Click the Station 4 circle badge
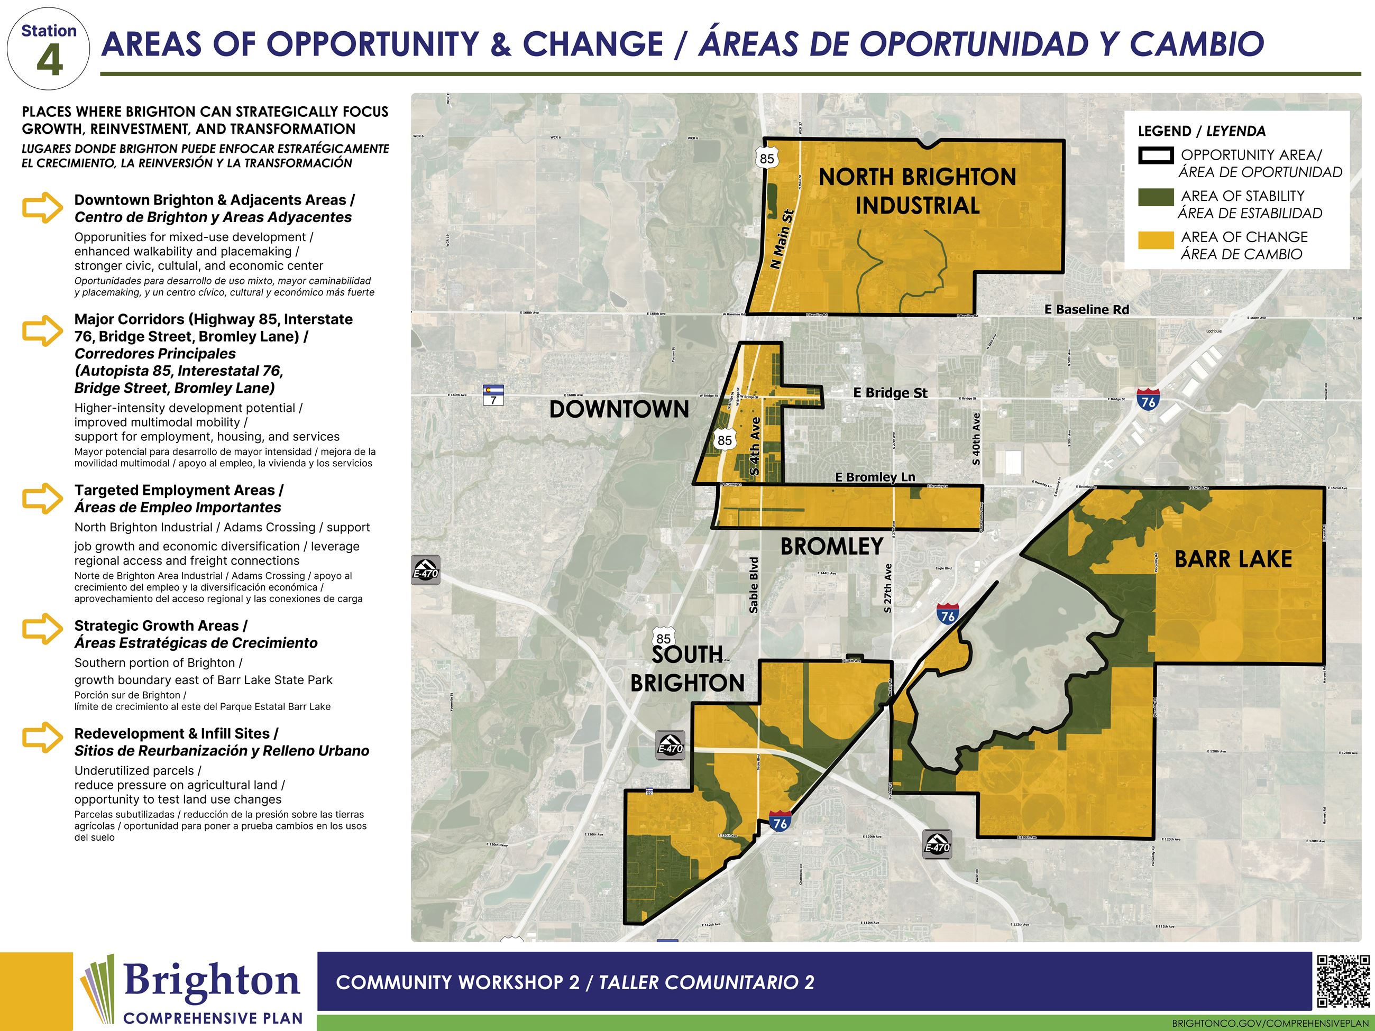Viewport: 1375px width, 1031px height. (49, 49)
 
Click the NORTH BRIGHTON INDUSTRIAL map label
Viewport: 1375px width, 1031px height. (917, 191)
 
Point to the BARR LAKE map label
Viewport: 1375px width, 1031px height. (1233, 559)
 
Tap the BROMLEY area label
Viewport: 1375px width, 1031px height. (832, 547)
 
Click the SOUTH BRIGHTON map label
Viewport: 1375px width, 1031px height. (687, 669)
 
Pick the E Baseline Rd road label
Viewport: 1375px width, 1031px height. (1087, 309)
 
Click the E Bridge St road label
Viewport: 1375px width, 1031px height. (890, 393)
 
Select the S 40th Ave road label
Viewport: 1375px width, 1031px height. (976, 439)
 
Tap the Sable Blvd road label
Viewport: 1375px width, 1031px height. (754, 585)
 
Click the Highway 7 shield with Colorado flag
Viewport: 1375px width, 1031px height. (493, 394)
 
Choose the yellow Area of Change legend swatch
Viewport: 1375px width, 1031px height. (1156, 240)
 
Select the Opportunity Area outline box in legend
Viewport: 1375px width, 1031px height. (1156, 155)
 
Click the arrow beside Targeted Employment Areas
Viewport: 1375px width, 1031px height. (42, 499)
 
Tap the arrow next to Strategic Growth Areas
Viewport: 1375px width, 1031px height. (42, 629)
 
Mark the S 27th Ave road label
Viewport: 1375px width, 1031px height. (887, 588)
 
